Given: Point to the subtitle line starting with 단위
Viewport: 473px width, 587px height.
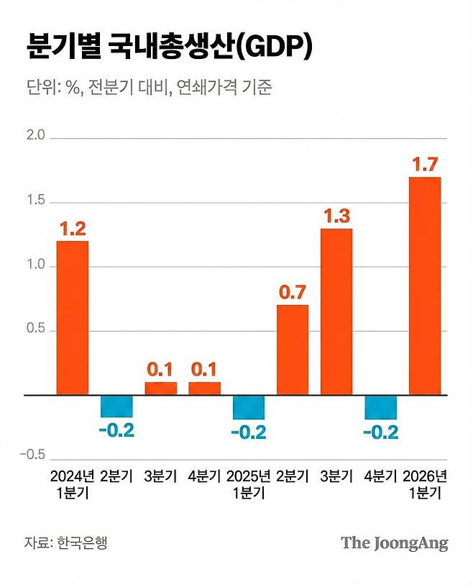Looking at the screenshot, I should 149,89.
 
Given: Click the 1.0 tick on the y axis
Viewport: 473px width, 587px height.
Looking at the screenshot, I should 35,266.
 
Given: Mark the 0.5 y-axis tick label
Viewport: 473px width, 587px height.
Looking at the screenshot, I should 35,331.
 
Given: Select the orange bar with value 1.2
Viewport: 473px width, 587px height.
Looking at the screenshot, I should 73,318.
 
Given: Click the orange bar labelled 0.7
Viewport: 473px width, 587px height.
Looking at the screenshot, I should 293,350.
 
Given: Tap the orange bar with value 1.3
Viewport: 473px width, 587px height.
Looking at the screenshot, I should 336,311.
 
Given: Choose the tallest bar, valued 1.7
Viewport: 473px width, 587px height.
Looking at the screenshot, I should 424,286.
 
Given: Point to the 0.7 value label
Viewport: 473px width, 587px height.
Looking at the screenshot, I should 293,293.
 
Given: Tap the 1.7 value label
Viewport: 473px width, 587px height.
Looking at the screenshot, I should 424,164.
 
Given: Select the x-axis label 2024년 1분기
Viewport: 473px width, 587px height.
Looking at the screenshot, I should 73,485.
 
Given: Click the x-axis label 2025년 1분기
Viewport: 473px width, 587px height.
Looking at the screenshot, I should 249,485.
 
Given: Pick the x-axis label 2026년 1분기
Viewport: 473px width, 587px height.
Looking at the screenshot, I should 424,485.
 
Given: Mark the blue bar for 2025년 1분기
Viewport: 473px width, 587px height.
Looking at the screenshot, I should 249,407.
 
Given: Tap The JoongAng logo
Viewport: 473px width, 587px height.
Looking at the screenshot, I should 394,542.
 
